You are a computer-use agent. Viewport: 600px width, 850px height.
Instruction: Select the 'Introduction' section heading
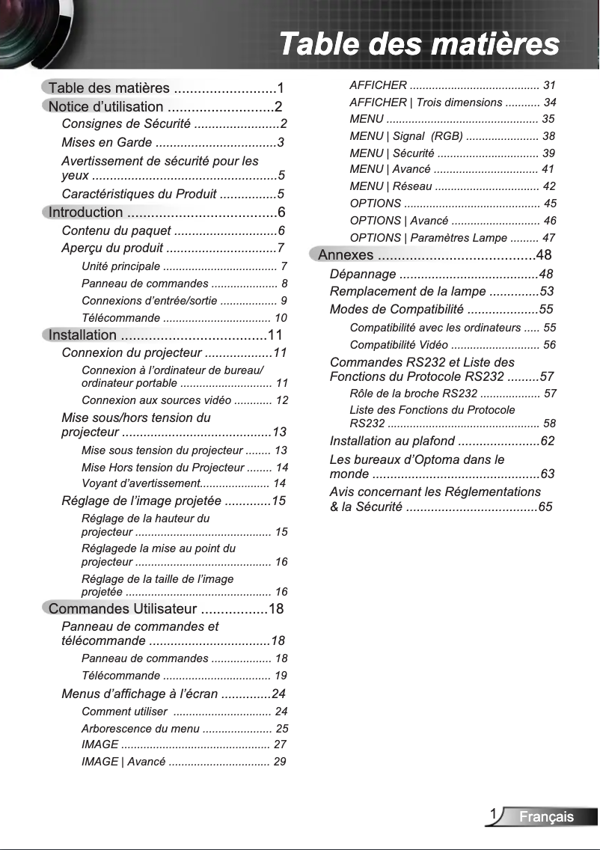tap(85, 212)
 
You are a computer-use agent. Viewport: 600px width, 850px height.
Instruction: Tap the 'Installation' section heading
tap(82, 335)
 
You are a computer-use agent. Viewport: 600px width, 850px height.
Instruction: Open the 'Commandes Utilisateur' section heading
tap(121, 608)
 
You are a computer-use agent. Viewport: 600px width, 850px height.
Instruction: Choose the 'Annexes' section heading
tap(346, 255)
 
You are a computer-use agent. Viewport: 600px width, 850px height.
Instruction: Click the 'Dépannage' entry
tap(363, 274)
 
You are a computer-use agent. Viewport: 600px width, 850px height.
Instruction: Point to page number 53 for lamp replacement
tap(547, 292)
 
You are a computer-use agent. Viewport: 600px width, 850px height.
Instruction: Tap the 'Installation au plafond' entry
tap(392, 441)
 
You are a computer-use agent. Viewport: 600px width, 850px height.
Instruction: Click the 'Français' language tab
tap(546, 817)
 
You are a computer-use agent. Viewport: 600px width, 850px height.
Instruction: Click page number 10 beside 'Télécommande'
tap(281, 318)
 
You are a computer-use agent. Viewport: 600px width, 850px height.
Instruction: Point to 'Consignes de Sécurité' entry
tap(126, 123)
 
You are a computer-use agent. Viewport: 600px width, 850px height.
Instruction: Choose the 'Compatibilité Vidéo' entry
tap(399, 345)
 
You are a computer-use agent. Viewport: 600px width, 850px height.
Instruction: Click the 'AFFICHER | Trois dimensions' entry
tap(426, 102)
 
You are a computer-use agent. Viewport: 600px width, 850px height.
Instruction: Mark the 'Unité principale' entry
tap(120, 266)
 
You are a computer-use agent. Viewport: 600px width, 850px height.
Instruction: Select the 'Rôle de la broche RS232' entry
tap(413, 394)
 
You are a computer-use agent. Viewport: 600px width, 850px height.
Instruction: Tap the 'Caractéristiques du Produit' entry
tap(139, 195)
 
